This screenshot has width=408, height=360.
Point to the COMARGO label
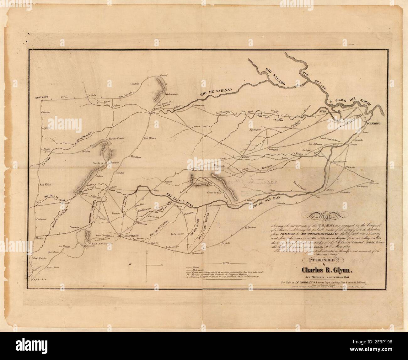(x=373, y=124)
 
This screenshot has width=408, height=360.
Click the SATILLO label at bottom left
(x=39, y=279)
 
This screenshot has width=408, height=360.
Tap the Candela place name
(x=134, y=84)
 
